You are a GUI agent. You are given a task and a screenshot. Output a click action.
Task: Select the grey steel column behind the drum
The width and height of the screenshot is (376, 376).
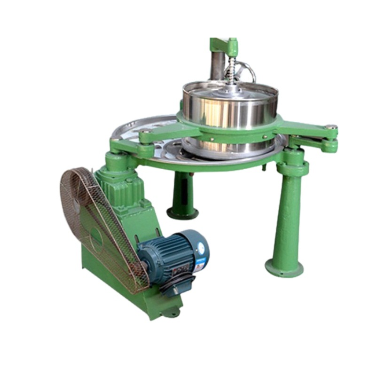[x=217, y=66]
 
